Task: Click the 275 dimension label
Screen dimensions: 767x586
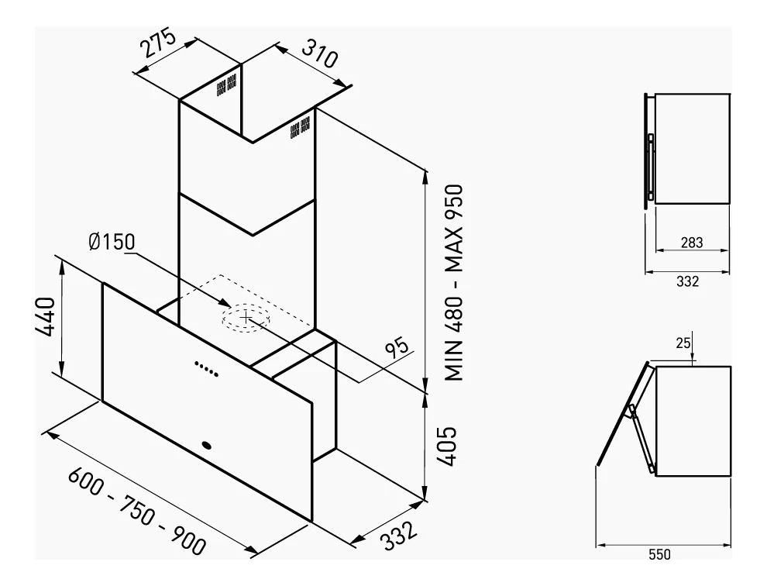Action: [157, 43]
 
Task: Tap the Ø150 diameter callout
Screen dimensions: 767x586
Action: [112, 242]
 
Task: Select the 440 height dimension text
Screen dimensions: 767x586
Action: [46, 317]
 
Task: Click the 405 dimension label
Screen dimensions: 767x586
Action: [446, 446]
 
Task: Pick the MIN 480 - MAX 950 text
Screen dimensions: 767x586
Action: [454, 282]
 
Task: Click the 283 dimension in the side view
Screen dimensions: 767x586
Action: [692, 243]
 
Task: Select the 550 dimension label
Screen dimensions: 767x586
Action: [659, 555]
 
